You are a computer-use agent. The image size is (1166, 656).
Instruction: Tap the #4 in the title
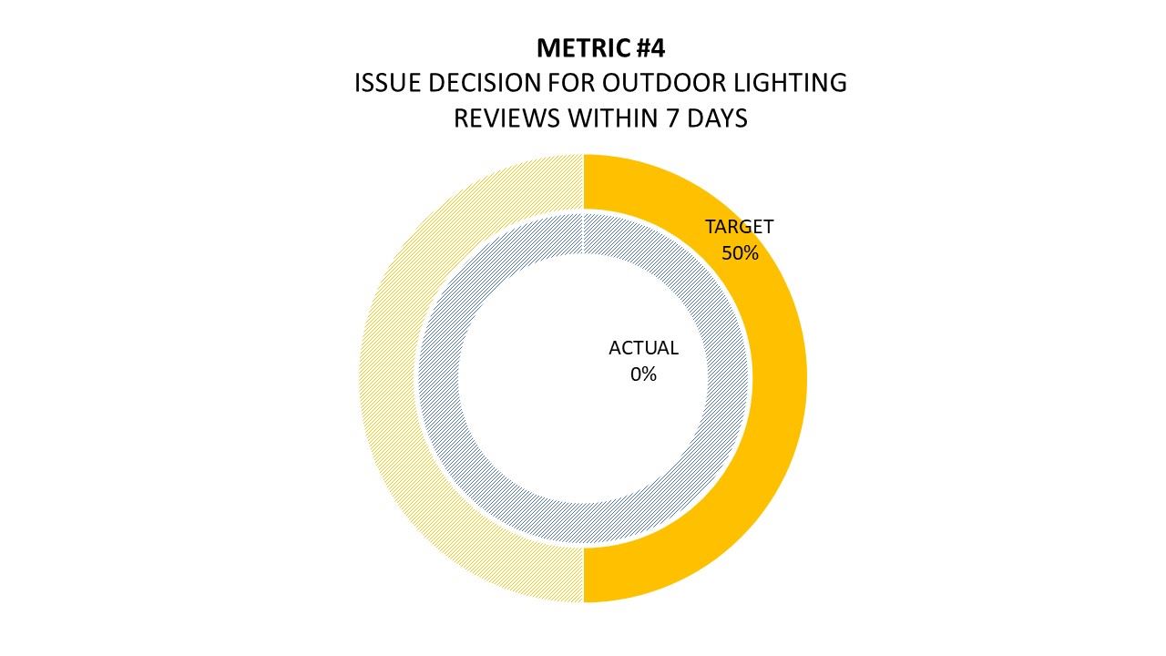[x=646, y=48]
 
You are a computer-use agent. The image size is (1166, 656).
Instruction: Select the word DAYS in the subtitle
[x=718, y=118]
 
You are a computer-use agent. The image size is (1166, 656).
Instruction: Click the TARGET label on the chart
[x=739, y=227]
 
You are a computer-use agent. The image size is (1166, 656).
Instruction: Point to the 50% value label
[x=740, y=253]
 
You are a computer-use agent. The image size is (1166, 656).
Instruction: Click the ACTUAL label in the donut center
[x=643, y=348]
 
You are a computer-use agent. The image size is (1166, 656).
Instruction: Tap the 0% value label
[x=643, y=374]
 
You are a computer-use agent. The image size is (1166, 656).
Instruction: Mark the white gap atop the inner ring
[x=583, y=232]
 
